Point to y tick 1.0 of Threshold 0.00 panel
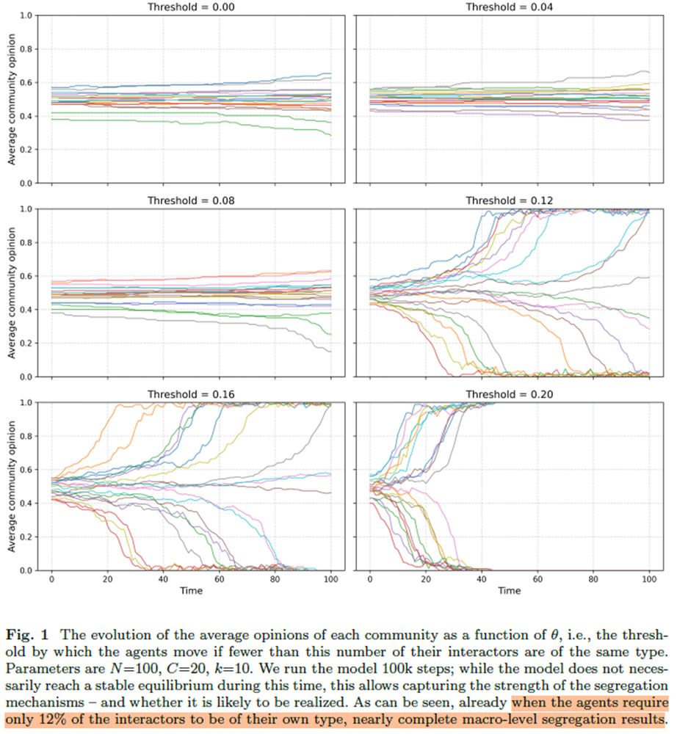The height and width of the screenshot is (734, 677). [26, 15]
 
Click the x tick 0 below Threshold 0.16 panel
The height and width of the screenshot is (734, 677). [51, 579]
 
